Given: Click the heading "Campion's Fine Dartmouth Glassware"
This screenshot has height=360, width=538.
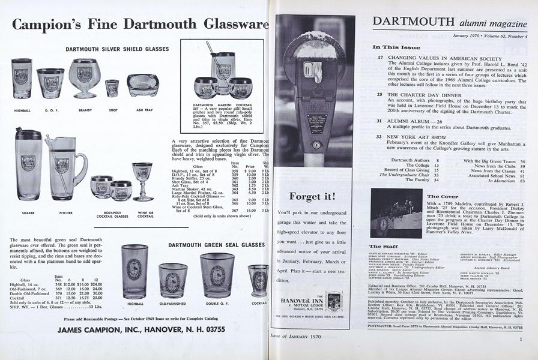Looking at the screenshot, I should point(140,24).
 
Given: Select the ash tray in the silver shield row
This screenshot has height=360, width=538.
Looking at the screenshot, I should point(143,85).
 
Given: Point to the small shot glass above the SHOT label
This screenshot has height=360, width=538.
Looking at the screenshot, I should point(112,88).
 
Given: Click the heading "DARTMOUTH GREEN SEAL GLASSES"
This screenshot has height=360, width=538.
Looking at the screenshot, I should point(216,245).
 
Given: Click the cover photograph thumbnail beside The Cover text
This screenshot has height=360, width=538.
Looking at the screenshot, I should point(396,213).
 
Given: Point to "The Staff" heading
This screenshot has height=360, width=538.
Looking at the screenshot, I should point(382,246).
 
